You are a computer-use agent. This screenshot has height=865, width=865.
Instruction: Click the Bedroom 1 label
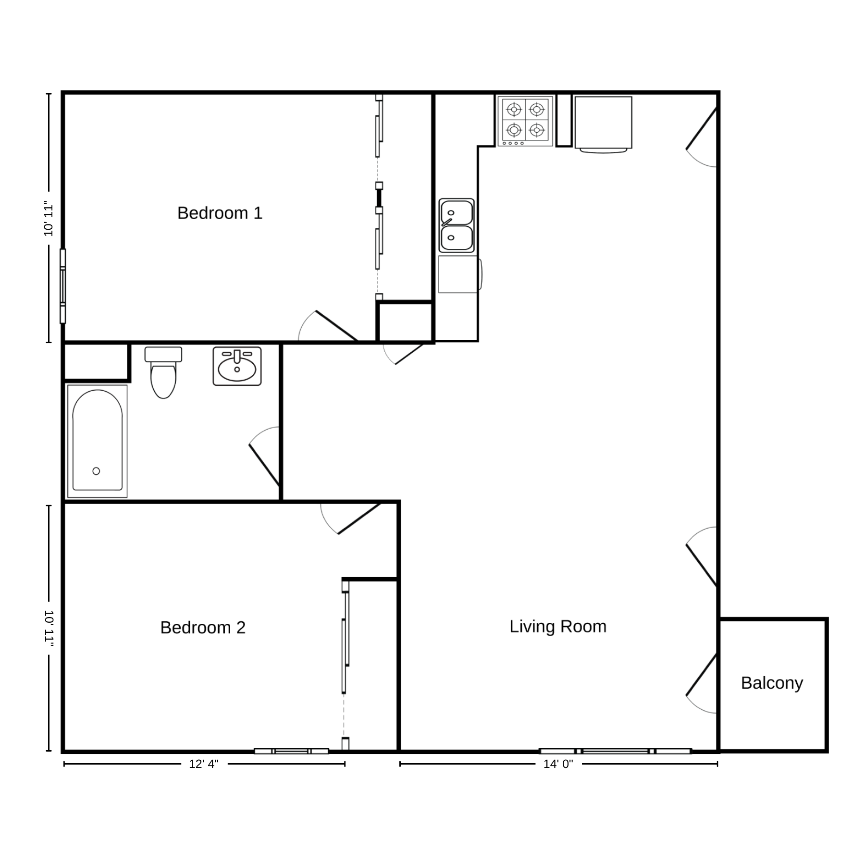coord(220,213)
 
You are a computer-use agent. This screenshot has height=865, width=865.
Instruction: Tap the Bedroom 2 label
coord(203,627)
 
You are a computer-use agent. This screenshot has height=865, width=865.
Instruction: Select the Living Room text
coord(558,626)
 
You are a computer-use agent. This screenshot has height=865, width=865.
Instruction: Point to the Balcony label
coord(772,683)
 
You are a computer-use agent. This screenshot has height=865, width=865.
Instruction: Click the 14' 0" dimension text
coord(558,764)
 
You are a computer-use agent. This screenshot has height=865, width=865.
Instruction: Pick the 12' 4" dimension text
coord(204,764)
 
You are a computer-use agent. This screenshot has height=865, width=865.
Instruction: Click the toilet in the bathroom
coord(163,372)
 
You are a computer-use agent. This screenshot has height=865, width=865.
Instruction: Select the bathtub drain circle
coord(96,471)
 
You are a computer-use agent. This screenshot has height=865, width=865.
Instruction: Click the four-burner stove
coord(525,121)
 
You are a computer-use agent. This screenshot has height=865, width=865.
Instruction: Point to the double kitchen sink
coord(457,225)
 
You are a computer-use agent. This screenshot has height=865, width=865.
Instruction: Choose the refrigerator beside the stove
coord(603,124)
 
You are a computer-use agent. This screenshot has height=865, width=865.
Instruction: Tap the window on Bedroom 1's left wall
coord(62,286)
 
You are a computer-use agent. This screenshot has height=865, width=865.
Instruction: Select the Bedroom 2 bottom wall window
coord(291,751)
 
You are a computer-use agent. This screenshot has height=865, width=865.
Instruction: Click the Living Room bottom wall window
coord(615,751)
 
